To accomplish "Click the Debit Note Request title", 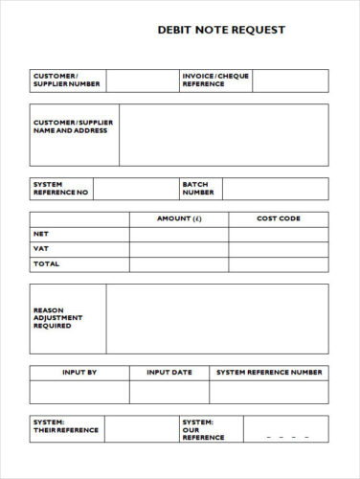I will (221, 31).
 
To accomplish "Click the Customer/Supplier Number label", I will (66, 80).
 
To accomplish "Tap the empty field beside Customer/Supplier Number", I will (140, 80).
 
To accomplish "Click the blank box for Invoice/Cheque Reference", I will (290, 80).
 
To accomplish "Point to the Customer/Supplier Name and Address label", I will (73, 126).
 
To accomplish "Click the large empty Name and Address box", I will (223, 135).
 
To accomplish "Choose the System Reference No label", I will (60, 188).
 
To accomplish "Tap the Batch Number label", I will (198, 188).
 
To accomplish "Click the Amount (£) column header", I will (179, 219).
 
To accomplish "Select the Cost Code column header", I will (278, 219).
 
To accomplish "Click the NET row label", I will (41, 234).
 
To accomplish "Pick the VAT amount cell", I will (179, 249).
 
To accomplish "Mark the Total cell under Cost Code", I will (278, 263).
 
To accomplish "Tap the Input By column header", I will (79, 372).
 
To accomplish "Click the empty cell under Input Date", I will (169, 392).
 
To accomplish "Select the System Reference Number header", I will (269, 372).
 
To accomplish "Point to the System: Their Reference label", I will (65, 426).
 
